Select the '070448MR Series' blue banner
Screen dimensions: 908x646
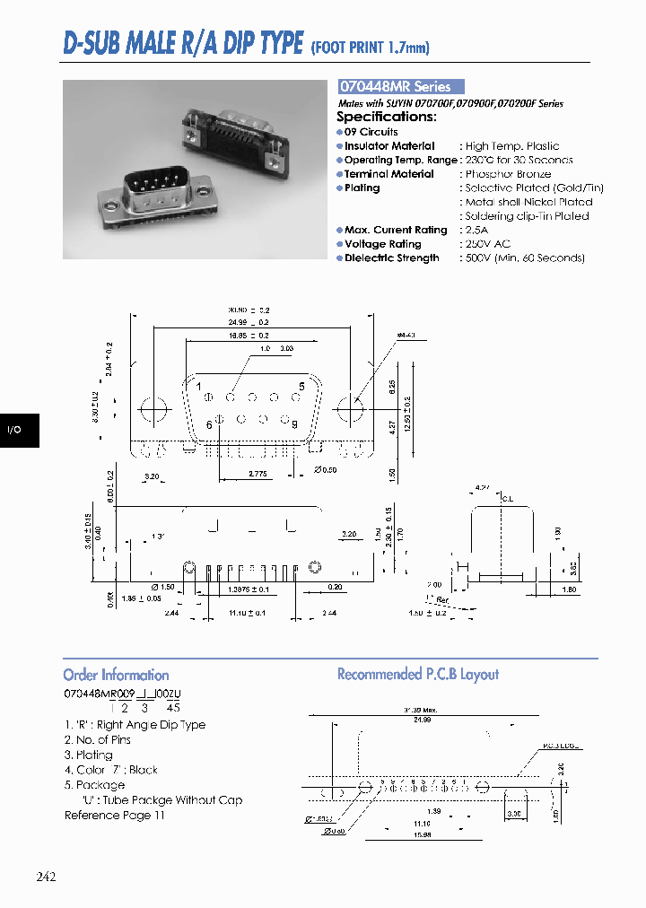pyautogui.click(x=400, y=87)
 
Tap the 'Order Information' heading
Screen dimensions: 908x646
pyautogui.click(x=116, y=675)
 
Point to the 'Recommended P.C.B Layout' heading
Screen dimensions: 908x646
pyautogui.click(x=417, y=674)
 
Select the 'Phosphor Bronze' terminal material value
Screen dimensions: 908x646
pyautogui.click(x=508, y=174)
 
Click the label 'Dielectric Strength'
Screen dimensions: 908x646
pyautogui.click(x=391, y=258)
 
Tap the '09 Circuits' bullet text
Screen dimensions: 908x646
pyautogui.click(x=371, y=132)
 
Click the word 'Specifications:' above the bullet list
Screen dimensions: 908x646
pyautogui.click(x=387, y=117)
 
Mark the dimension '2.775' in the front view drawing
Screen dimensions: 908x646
pyautogui.click(x=259, y=472)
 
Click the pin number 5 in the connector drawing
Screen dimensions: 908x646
pyautogui.click(x=301, y=386)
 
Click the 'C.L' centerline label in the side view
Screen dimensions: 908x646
pyautogui.click(x=507, y=499)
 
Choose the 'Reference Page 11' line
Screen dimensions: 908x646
pyautogui.click(x=115, y=816)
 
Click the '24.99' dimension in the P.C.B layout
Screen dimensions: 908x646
pyautogui.click(x=423, y=720)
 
